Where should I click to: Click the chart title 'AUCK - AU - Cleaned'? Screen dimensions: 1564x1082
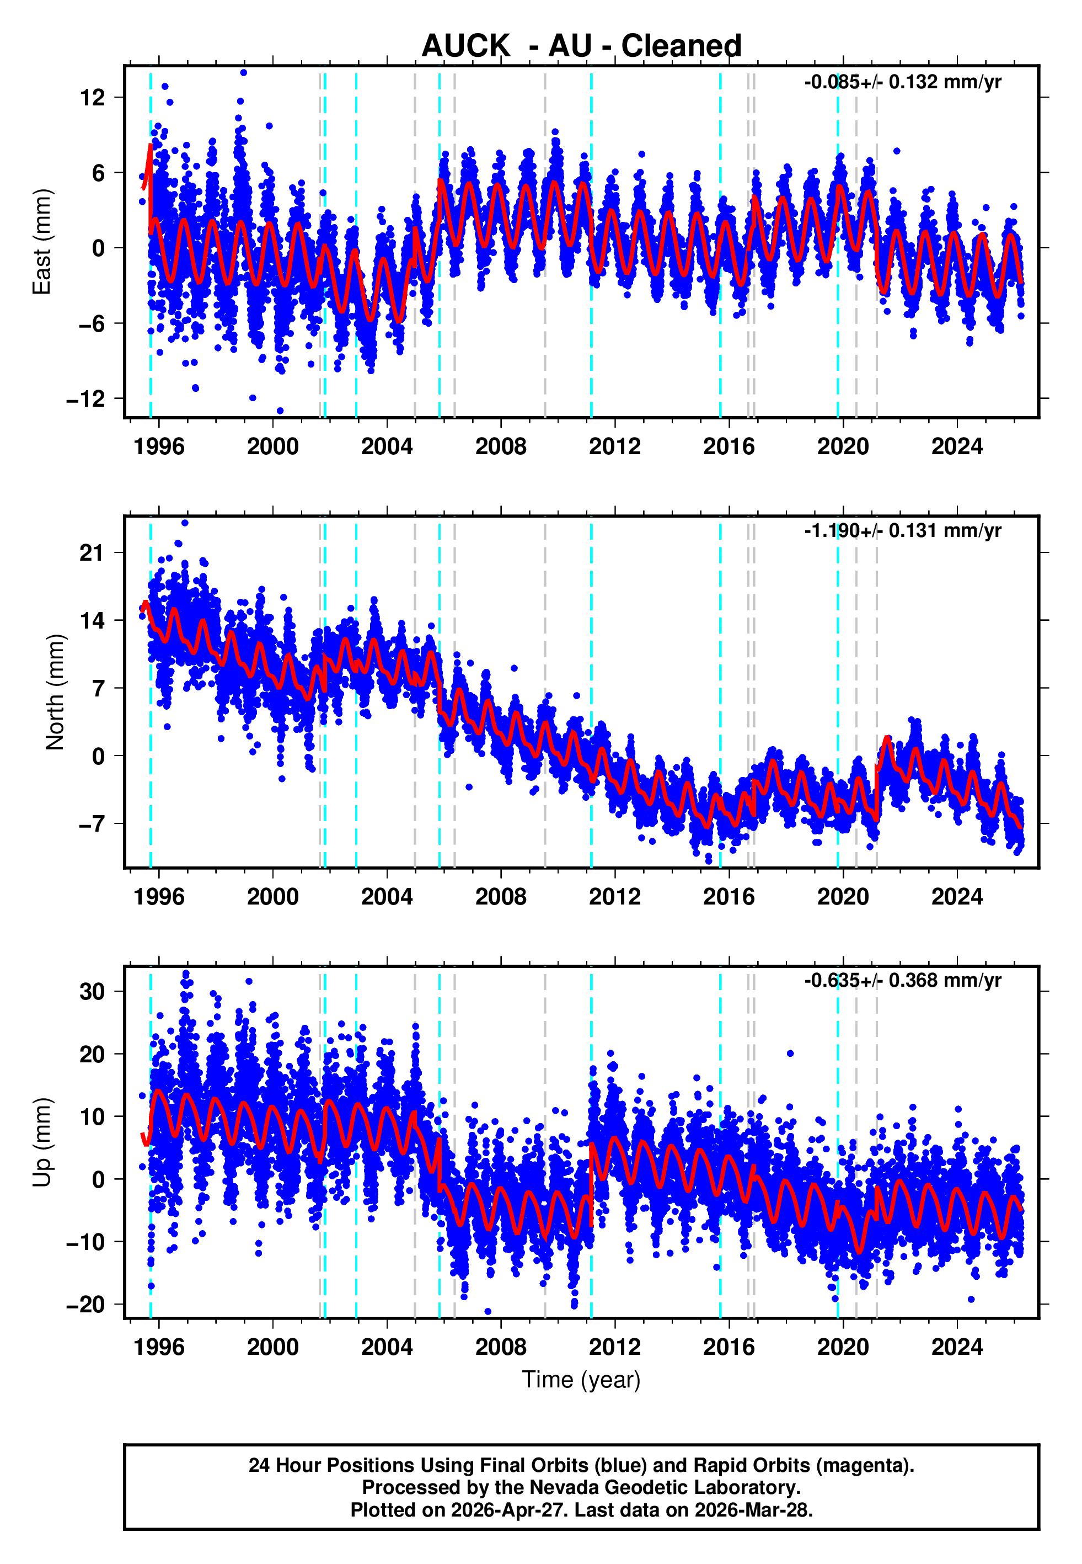click(x=581, y=46)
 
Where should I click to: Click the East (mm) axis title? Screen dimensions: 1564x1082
click(x=42, y=242)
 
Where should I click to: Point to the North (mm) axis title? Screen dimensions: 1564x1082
click(x=55, y=692)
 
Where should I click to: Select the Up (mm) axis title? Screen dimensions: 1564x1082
click(x=42, y=1142)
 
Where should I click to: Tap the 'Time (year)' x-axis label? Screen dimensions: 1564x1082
click(x=581, y=1380)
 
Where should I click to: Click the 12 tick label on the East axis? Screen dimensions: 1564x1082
click(x=93, y=98)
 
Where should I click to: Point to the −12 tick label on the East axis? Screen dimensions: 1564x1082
click(x=86, y=399)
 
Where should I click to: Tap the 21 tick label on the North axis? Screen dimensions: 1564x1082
click(x=93, y=553)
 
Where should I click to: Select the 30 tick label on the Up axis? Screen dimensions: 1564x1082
click(x=93, y=992)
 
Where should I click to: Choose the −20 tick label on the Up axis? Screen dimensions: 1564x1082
click(x=86, y=1305)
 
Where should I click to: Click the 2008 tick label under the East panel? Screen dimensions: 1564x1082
click(x=500, y=446)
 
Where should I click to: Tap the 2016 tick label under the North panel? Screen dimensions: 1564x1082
click(x=729, y=897)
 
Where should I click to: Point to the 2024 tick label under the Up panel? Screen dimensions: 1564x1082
click(x=957, y=1347)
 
